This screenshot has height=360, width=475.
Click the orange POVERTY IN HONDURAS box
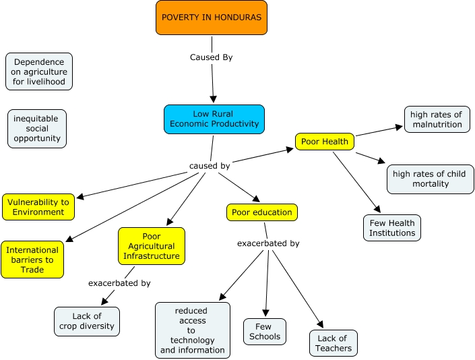coord(211,17)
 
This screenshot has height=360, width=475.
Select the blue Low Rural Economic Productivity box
coord(214,119)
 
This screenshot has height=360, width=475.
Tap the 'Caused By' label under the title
coord(211,57)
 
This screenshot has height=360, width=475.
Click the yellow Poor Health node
coord(325,142)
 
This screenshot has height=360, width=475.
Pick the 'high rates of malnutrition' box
coord(437,119)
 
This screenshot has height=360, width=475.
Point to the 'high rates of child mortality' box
coord(430,179)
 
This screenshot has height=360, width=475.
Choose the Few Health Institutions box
coord(392,228)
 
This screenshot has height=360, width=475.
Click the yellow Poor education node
coord(261,212)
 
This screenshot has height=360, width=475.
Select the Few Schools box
coord(265,332)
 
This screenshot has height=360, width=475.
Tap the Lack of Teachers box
coord(334,343)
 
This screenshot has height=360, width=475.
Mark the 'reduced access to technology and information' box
coord(193,330)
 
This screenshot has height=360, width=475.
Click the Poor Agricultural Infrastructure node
coord(152,246)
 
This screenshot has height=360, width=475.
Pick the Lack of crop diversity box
coord(87,321)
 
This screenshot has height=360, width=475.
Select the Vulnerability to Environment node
coord(38,207)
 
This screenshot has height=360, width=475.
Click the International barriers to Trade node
coord(32,260)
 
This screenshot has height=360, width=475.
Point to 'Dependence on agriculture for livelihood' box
coord(38,72)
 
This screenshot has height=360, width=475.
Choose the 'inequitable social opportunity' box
coord(37,129)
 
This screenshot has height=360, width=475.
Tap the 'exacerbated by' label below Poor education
coord(268,243)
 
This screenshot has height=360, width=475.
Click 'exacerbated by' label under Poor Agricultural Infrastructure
coord(119,283)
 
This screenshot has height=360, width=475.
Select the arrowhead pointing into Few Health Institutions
coord(377,210)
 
